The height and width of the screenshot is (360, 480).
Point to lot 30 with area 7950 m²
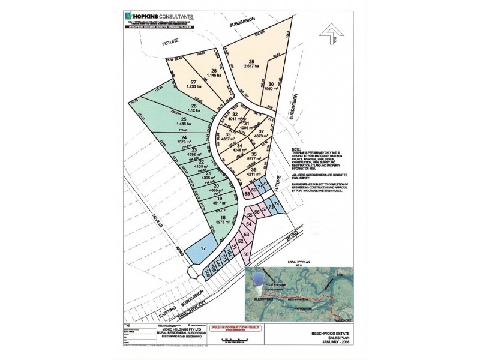[x=271, y=86]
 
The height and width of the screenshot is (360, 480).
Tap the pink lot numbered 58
[x=247, y=194]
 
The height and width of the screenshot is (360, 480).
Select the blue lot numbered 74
[x=278, y=205]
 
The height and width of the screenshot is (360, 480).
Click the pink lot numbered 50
[x=246, y=254]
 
